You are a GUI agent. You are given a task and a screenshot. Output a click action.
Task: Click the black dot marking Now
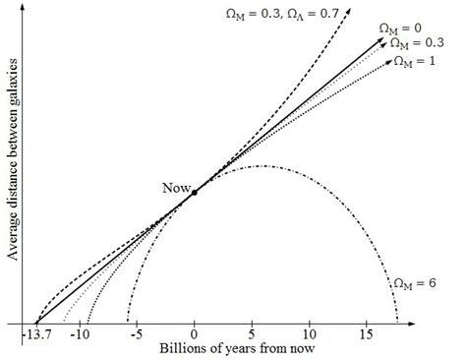click(x=195, y=193)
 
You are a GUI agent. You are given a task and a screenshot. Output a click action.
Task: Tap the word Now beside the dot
click(x=176, y=186)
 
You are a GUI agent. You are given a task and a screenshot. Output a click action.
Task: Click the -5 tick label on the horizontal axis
click(x=139, y=336)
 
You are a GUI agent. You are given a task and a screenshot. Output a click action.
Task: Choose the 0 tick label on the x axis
click(x=195, y=336)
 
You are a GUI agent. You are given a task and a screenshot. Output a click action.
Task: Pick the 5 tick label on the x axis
click(x=254, y=336)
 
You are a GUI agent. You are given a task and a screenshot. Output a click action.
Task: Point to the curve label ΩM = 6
click(x=415, y=285)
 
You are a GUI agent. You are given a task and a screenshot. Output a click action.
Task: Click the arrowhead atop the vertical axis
click(x=34, y=9)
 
